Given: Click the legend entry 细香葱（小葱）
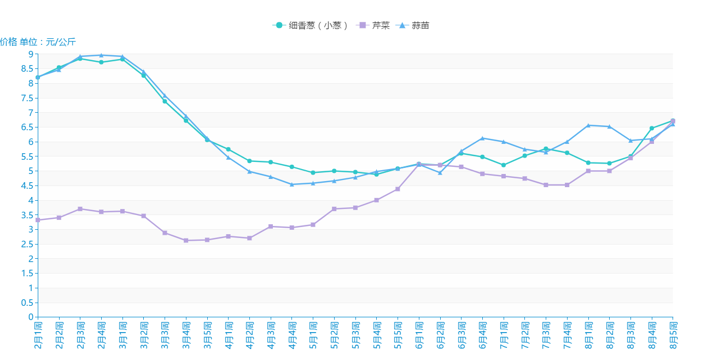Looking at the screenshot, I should pos(310,25).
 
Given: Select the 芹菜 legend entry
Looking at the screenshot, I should pos(373,25).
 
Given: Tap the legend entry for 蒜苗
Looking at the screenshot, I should pos(414,25).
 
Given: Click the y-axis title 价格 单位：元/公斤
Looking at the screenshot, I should pos(38,42).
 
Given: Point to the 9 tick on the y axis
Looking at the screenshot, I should pos(31,54).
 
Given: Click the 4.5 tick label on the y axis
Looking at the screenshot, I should pos(27,185).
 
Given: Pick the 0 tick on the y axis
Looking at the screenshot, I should pos(31,317).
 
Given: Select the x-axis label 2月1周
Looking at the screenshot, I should pos(38,335).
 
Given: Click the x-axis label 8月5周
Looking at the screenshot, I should pos(673,335).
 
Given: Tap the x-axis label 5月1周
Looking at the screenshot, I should pos(313,335).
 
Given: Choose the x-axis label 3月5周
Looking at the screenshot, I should pos(207,335).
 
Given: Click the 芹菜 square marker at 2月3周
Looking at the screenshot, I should pos(80,209).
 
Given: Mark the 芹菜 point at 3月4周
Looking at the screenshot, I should pos(186,240).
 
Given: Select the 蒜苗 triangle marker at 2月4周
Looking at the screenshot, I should pos(101,55).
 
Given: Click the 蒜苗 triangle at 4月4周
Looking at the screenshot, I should pos(292,184).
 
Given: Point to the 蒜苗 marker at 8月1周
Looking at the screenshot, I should pos(588,125).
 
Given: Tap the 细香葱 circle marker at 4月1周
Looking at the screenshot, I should pos(228,149).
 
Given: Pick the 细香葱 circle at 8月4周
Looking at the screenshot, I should pos(652,128).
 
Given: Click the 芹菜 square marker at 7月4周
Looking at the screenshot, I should pos(567,185).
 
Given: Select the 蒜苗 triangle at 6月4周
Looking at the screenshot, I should pos(482,138).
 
